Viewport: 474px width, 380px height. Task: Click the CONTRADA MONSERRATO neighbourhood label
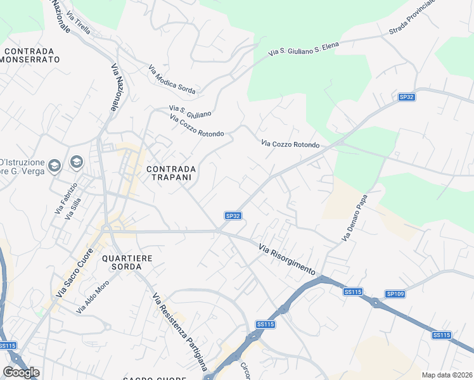pos(31,55)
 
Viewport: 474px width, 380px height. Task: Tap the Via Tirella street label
pos(82,23)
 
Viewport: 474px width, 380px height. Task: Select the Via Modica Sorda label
pos(172,80)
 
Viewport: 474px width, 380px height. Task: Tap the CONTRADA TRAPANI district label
pos(170,174)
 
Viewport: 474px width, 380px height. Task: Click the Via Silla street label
pos(75,208)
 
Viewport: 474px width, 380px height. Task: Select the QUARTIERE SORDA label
pos(127,263)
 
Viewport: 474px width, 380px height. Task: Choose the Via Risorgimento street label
pos(287,259)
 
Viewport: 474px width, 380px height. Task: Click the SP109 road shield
pos(395,294)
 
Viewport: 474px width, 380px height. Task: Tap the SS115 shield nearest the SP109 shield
pos(352,291)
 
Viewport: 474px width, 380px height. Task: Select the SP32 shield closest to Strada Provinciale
pos(406,97)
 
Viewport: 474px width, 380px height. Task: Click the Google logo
pos(21,372)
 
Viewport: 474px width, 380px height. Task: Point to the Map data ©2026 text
pos(447,375)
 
